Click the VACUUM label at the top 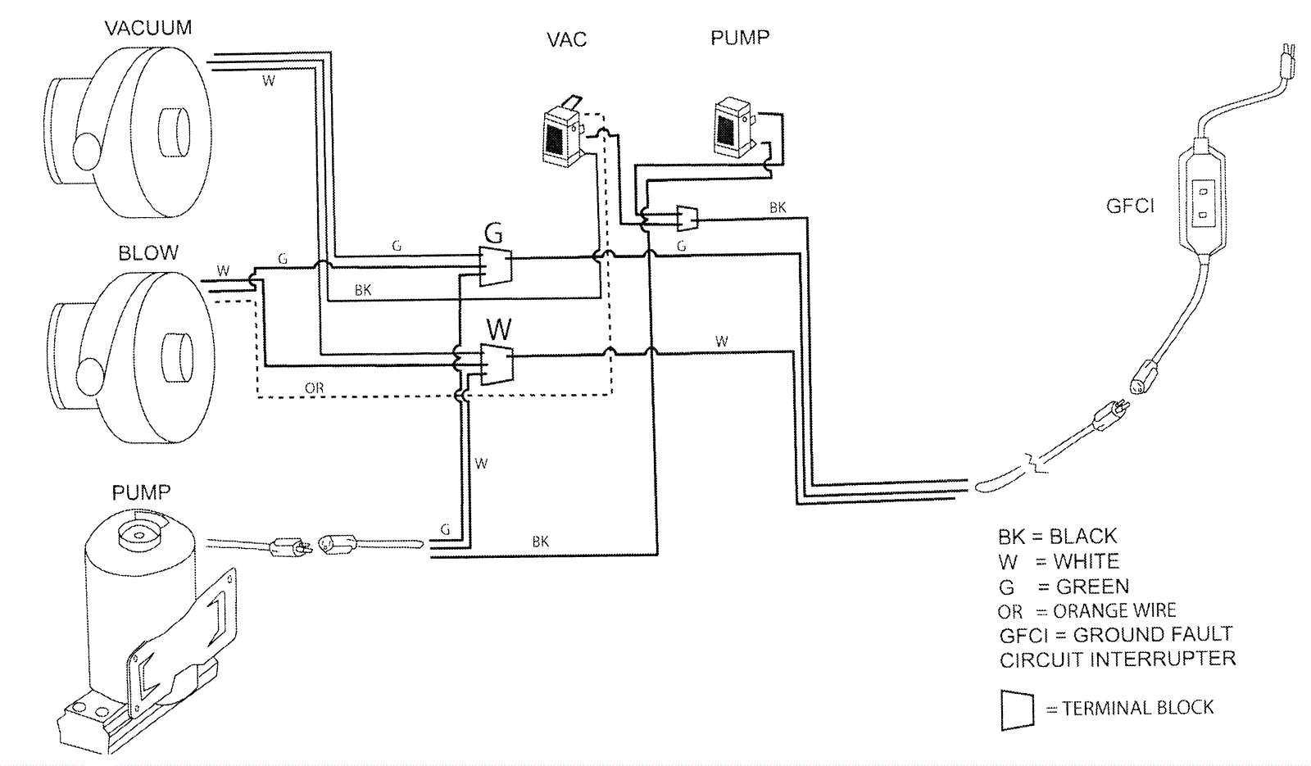[x=148, y=28]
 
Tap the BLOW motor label [x=148, y=252]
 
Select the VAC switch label [x=567, y=39]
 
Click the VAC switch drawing [x=562, y=132]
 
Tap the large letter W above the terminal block [x=498, y=329]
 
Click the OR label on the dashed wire [x=314, y=388]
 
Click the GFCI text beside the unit [x=1130, y=206]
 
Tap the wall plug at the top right [x=1287, y=62]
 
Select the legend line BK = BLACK [x=1057, y=537]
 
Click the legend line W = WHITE [x=1059, y=562]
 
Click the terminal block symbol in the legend [x=1017, y=709]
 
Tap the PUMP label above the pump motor [x=141, y=492]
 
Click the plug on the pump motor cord [x=288, y=546]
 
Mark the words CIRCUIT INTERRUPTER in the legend [x=1118, y=659]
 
